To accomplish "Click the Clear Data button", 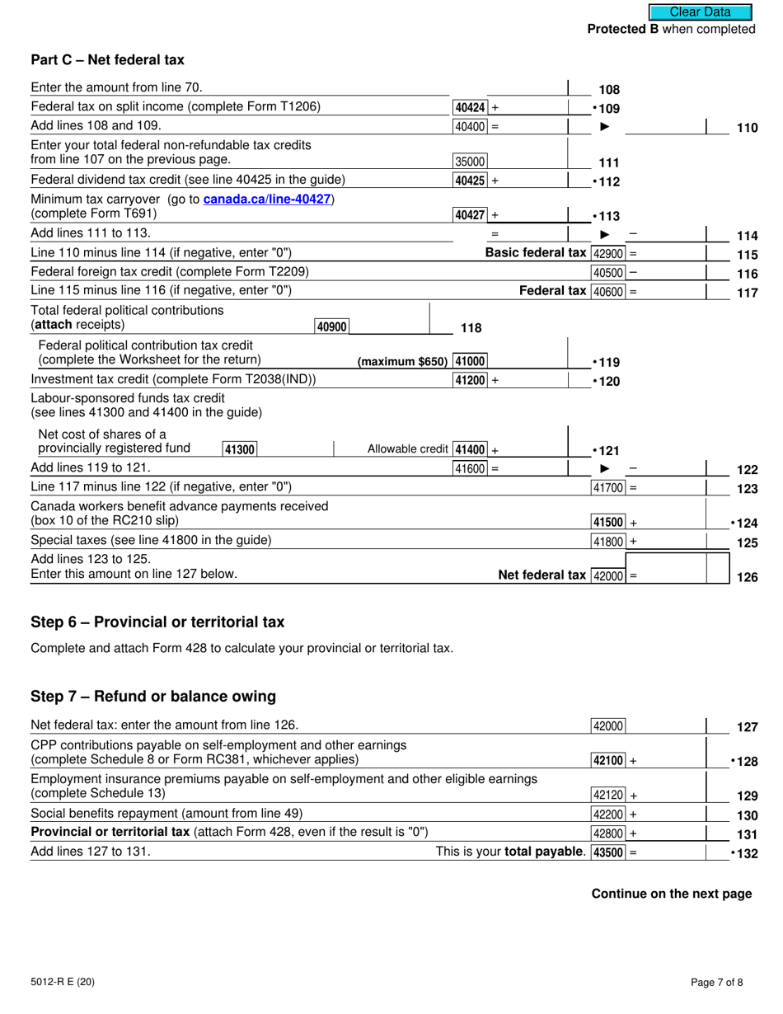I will click(700, 12).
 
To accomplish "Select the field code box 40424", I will click(471, 107).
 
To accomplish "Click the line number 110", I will click(746, 127).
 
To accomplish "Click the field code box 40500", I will click(608, 273).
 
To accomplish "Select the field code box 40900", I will click(331, 326).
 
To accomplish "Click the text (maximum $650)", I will click(402, 362).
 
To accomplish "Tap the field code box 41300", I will click(240, 449).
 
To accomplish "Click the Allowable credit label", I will click(408, 449).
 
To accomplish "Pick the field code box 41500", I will click(609, 522).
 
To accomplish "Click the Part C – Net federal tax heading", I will click(107, 60).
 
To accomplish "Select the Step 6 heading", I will click(157, 622).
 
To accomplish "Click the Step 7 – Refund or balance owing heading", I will click(153, 697).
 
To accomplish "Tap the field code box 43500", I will click(609, 852).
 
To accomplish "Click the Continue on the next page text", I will click(671, 894).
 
